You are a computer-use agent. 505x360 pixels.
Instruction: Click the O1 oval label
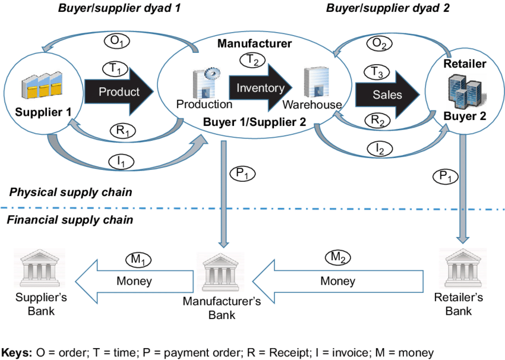116,41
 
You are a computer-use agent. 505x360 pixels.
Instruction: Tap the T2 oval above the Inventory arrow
252,59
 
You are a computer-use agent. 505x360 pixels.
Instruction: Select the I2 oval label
380,149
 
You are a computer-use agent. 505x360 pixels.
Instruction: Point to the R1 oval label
122,131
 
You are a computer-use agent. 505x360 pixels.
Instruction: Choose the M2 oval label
337,257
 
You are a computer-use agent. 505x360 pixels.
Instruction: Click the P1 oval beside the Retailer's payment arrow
445,176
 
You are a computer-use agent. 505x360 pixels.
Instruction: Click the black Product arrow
119,91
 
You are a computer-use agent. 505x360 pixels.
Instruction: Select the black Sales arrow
387,94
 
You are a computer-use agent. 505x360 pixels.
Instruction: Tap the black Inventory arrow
261,87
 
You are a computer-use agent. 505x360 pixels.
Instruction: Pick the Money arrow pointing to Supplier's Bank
134,282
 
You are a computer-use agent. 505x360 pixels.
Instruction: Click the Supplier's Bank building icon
40,268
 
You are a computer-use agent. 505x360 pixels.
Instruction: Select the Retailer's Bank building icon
463,268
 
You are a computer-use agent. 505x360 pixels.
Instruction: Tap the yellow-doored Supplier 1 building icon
42,86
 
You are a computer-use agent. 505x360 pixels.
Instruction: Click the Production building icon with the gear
206,82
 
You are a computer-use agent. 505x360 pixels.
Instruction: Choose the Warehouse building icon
316,82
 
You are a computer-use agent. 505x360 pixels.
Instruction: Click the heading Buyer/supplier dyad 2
388,8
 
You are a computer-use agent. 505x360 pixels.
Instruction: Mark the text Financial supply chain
70,220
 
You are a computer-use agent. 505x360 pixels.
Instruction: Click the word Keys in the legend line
17,353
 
